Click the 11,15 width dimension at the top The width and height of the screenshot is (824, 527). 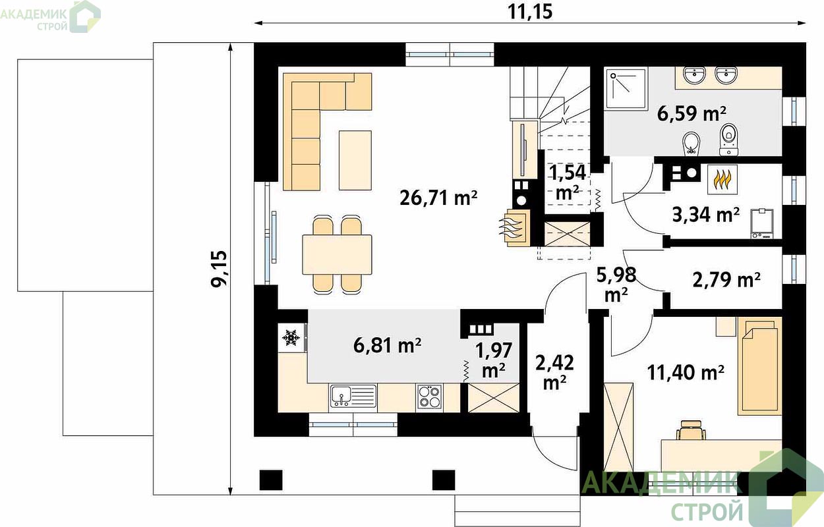click(530, 12)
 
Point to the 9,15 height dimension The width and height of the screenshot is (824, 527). click(220, 269)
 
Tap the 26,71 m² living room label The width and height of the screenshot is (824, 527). click(438, 198)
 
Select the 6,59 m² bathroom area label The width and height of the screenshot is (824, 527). click(692, 113)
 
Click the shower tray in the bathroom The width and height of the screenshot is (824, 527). click(626, 89)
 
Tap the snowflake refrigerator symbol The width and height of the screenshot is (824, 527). click(291, 337)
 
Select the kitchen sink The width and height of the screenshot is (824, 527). click(353, 396)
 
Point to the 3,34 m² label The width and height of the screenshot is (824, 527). click(706, 215)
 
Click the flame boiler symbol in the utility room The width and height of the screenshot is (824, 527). click(722, 179)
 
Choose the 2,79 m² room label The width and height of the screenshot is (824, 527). click(726, 280)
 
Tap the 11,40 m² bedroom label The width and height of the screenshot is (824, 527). click(686, 373)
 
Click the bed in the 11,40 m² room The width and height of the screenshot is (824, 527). click(759, 366)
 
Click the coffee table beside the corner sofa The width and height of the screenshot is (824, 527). click(355, 160)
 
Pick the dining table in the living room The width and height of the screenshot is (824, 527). click(337, 254)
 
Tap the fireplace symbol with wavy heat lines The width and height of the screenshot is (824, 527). click(514, 228)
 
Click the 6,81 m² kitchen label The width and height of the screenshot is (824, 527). click(388, 345)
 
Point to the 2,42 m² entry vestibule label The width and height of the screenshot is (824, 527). click(555, 372)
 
